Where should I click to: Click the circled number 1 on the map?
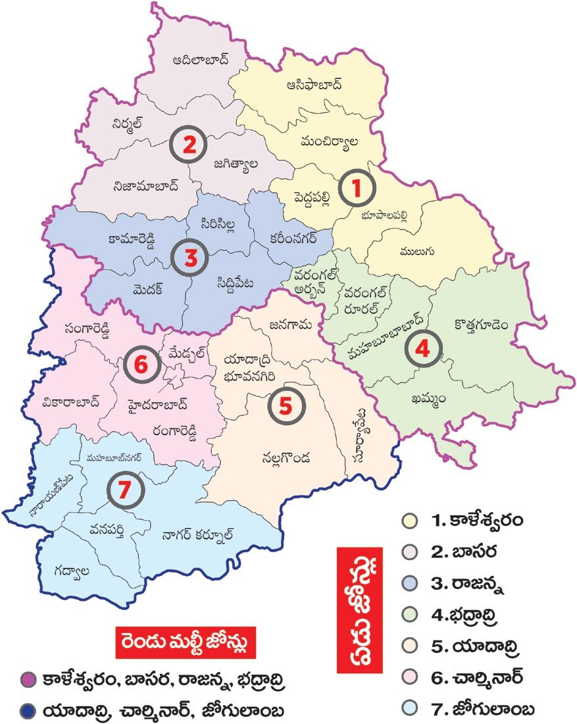(x=357, y=189)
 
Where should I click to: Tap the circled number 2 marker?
(x=189, y=147)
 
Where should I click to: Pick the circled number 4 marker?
(x=422, y=349)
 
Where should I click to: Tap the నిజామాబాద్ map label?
(x=146, y=185)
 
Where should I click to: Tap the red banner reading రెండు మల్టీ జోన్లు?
(x=185, y=641)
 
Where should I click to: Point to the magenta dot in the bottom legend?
(x=27, y=679)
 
